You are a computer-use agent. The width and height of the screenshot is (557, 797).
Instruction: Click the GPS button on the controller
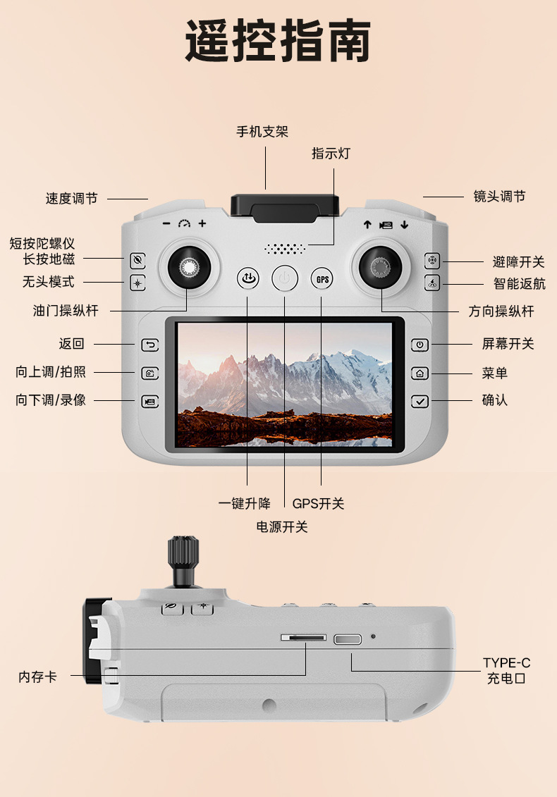(322, 279)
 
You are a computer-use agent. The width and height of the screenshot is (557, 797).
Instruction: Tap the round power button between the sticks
(285, 279)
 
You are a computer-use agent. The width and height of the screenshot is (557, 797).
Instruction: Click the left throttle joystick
(188, 266)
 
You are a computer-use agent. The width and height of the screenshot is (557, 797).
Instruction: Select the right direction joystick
(381, 266)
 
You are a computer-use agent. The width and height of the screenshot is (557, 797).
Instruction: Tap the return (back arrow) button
(149, 345)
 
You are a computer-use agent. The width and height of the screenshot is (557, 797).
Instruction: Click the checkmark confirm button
(420, 401)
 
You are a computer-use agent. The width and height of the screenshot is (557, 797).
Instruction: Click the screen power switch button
(420, 345)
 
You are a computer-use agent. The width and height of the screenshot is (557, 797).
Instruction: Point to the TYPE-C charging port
(348, 639)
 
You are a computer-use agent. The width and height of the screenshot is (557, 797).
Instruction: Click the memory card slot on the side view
(303, 637)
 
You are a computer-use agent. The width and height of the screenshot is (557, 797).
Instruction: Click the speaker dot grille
(285, 249)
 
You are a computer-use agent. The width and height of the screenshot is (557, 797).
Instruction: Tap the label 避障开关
(518, 262)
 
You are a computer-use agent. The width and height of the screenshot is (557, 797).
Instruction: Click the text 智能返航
(518, 284)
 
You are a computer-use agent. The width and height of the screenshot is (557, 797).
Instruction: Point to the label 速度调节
(71, 199)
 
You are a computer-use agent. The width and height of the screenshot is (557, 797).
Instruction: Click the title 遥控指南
(278, 42)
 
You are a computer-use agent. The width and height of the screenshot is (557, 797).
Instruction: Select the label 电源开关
(282, 526)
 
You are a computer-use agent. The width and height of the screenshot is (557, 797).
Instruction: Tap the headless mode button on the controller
(138, 283)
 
